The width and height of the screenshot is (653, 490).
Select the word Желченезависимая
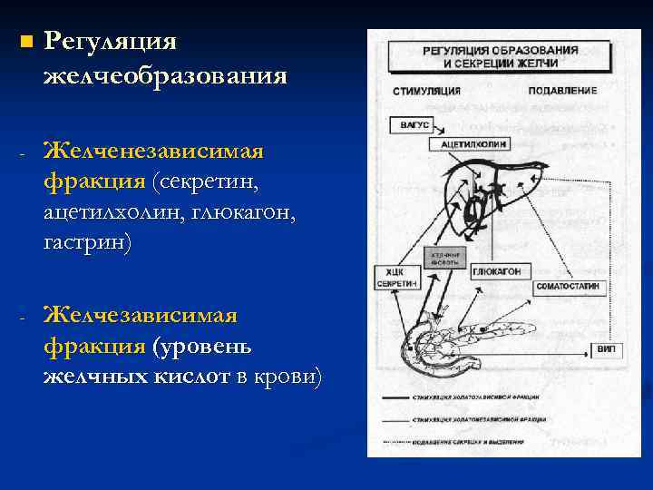(x=153, y=149)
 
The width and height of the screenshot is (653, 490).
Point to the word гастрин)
(x=86, y=243)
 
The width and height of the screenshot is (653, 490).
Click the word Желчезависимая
(x=141, y=315)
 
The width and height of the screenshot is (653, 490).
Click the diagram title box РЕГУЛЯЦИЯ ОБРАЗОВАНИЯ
(x=500, y=56)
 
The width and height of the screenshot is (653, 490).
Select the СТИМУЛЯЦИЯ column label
(x=426, y=91)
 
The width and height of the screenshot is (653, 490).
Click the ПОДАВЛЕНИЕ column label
(x=561, y=91)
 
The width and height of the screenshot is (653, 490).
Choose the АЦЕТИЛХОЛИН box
(x=474, y=143)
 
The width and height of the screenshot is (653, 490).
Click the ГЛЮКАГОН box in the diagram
(x=496, y=271)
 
